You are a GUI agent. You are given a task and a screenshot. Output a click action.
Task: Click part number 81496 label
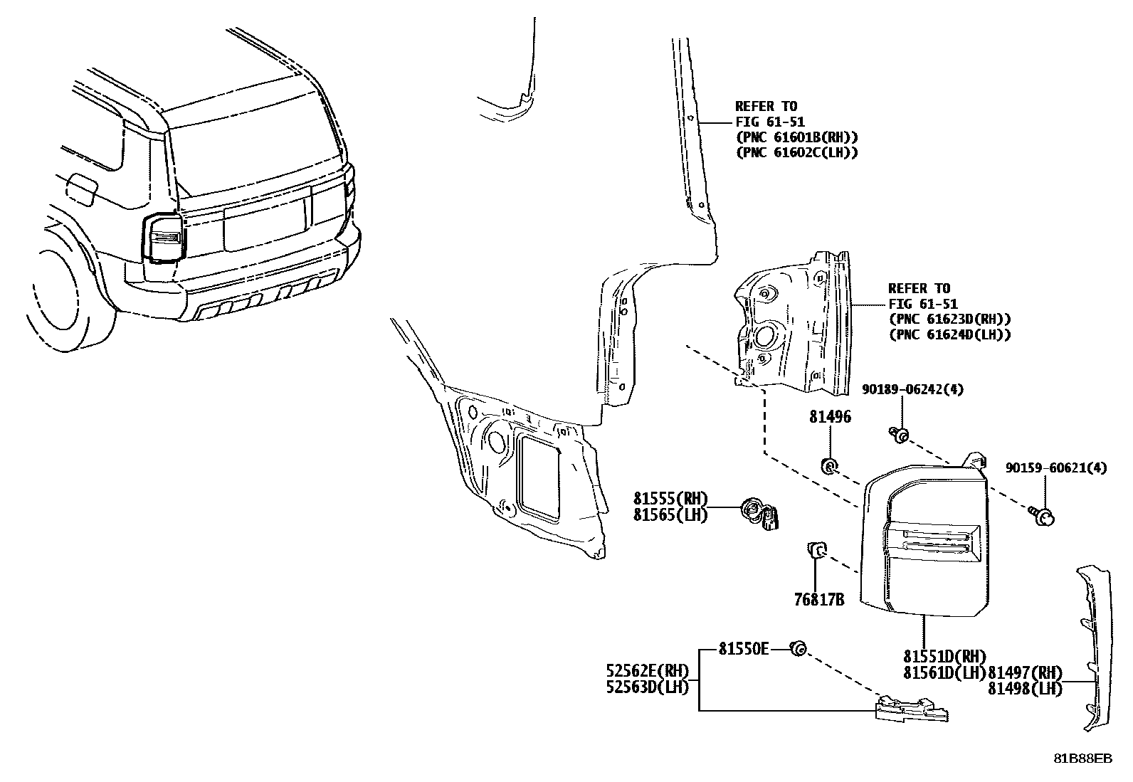point(829,417)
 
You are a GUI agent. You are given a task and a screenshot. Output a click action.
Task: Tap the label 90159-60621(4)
point(1056,468)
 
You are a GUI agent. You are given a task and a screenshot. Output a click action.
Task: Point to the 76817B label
point(818,600)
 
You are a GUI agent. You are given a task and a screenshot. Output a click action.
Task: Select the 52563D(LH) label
point(648,687)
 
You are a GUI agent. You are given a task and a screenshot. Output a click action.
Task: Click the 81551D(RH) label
point(945,656)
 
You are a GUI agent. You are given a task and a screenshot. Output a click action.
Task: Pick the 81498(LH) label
point(1025,688)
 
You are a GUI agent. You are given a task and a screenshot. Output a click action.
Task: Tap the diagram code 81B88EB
point(1082,759)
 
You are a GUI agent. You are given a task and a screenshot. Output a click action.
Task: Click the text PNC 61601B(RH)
point(796,137)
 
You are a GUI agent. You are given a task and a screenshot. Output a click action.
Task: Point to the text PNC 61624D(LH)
point(949,334)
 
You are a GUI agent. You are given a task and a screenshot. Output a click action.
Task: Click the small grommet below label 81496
point(829,466)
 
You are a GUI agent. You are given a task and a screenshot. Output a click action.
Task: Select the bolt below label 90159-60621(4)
point(1044,516)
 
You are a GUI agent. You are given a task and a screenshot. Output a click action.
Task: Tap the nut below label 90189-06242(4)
point(900,435)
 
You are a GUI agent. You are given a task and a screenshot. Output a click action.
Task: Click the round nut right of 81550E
point(799,648)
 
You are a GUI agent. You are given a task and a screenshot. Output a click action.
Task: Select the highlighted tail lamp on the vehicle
point(164,238)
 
